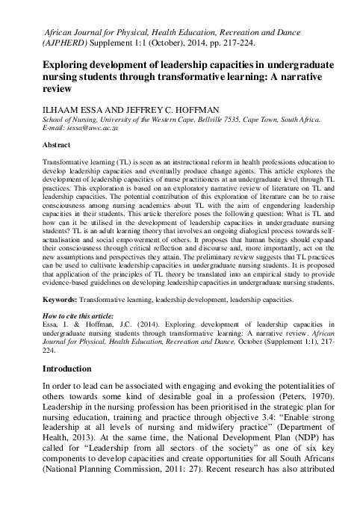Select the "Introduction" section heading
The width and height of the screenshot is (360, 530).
coord(56,369)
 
